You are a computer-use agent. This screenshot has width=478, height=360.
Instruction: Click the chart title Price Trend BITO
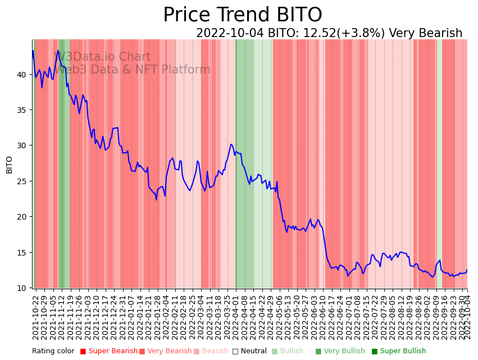point(242,15)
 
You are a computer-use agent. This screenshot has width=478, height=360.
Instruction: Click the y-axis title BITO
point(9,165)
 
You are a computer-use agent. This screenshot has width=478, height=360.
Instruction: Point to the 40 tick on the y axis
point(22,74)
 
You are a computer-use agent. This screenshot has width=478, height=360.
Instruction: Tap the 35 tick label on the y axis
point(22,110)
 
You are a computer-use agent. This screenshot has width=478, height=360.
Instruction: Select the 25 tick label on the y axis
point(22,181)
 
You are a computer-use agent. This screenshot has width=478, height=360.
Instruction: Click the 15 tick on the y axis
point(22,252)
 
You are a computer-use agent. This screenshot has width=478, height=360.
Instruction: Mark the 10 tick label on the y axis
point(22,288)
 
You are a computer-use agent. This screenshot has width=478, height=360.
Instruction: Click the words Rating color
point(53,351)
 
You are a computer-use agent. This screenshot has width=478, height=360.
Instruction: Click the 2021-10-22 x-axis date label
point(35,317)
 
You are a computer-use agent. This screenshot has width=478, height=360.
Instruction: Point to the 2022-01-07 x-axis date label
point(131,317)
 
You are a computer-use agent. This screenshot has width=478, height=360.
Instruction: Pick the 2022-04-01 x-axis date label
point(235,317)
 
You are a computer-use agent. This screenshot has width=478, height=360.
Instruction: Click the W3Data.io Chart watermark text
point(102,57)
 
